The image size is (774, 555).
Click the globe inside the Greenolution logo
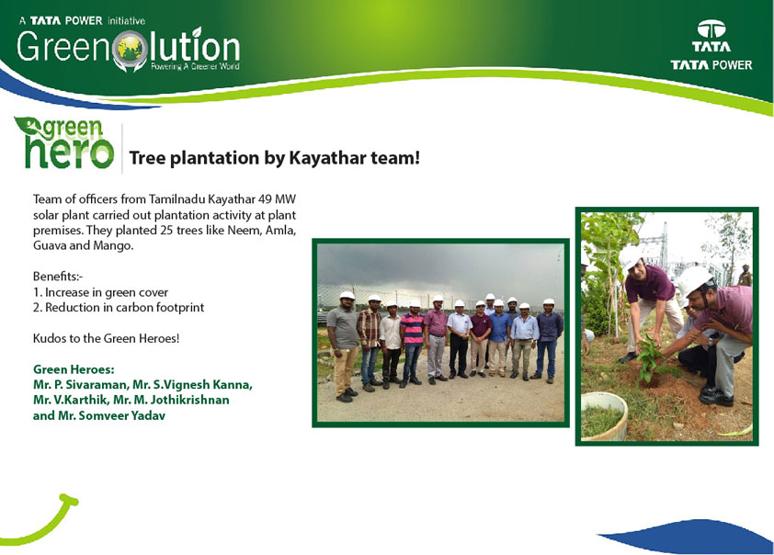pos(130,49)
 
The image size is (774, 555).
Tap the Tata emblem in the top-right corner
pos(711,29)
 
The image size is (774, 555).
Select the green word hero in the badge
pos(70,152)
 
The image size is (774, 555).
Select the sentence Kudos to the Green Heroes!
pos(106,338)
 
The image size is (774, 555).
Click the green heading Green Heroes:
pos(74,369)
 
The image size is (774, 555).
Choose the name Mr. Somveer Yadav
pos(112,415)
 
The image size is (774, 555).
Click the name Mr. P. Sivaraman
pos(79,385)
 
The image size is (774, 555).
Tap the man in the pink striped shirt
pos(412,342)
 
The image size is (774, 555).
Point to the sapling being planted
pos(648,357)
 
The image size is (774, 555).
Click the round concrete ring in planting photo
pos(604,414)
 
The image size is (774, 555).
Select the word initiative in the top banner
pos(126,21)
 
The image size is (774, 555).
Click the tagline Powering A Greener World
pos(196,66)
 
